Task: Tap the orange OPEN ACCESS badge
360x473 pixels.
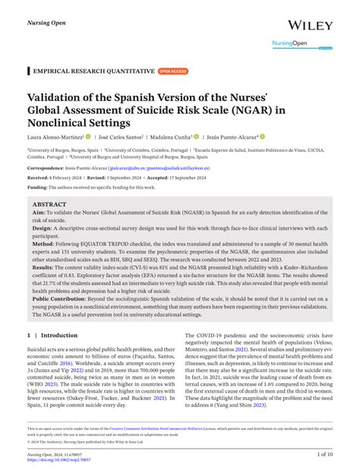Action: pyautogui.click(x=172, y=71)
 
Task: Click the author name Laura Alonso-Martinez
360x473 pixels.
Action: pyautogui.click(x=55, y=137)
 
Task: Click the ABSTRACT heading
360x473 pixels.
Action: pyautogui.click(x=50, y=205)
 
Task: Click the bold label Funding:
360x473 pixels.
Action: pyautogui.click(x=37, y=186)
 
